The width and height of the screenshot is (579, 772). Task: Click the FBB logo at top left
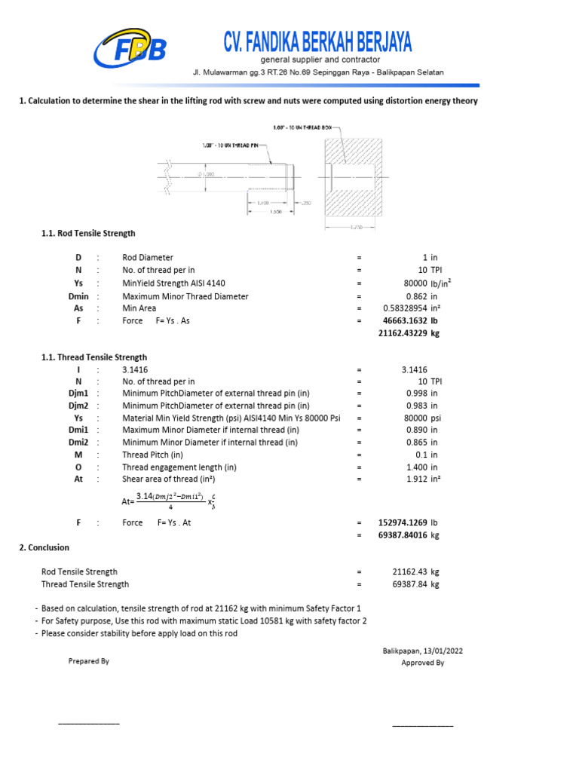click(x=129, y=48)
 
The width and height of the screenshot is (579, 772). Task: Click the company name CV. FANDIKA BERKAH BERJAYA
click(x=317, y=41)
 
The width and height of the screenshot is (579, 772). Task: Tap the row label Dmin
click(x=78, y=296)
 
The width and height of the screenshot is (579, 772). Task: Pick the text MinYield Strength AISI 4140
click(x=173, y=283)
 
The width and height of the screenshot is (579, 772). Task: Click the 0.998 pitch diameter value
click(x=417, y=394)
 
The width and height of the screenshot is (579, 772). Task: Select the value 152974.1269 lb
click(x=408, y=522)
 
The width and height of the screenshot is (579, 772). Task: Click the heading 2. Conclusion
click(x=44, y=547)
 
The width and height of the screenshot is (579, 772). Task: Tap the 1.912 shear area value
click(x=417, y=479)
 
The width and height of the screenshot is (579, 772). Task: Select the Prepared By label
click(x=89, y=661)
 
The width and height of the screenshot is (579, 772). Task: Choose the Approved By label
click(x=423, y=663)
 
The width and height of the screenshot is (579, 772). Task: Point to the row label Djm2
click(x=78, y=406)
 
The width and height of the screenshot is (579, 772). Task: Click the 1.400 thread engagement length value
click(x=417, y=467)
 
